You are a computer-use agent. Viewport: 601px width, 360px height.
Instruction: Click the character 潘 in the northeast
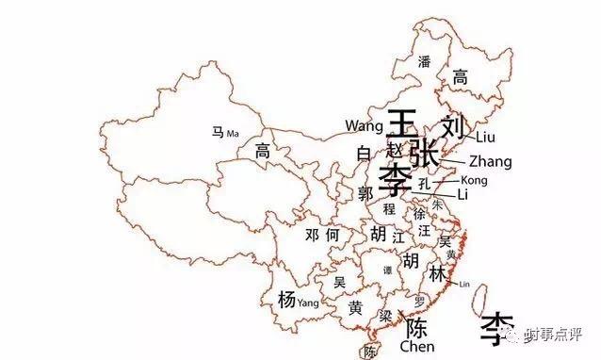tap(424, 62)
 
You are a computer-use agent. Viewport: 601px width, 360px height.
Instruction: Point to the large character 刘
tap(453, 127)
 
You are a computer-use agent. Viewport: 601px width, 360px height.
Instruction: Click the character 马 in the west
tap(218, 133)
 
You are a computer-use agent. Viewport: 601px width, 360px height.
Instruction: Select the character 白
tap(364, 153)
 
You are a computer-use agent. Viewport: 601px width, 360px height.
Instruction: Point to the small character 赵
tap(395, 150)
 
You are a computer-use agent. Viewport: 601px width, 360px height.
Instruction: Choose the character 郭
tap(366, 194)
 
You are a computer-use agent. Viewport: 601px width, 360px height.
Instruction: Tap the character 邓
tap(312, 235)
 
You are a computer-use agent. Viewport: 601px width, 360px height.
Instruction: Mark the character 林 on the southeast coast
tap(438, 274)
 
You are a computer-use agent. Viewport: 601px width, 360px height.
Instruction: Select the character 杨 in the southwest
tap(286, 300)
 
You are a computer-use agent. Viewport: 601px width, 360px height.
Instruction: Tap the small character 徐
tap(419, 214)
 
